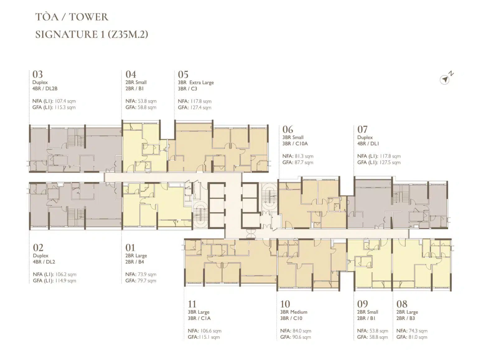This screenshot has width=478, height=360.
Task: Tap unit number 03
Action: pos(37,74)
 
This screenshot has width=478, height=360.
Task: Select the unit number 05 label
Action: pos(183,74)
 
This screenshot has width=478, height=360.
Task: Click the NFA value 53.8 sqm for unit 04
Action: pos(147,101)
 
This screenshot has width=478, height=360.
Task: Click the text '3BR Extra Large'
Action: pos(196,83)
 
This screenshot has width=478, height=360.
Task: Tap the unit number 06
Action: pos(288,130)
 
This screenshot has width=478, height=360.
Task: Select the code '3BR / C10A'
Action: pos(295,144)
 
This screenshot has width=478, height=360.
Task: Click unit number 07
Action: pos(362,130)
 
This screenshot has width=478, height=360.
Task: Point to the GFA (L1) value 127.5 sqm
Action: pos(390,162)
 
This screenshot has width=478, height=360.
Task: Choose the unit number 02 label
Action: pos(38,248)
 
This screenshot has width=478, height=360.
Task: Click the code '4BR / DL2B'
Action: pos(45,88)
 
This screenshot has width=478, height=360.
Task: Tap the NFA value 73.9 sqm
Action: pos(147,274)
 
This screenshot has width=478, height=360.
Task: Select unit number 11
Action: pos(192,304)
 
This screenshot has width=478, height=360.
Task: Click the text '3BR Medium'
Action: pos(293,312)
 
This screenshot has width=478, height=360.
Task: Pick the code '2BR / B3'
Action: pos(405,318)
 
